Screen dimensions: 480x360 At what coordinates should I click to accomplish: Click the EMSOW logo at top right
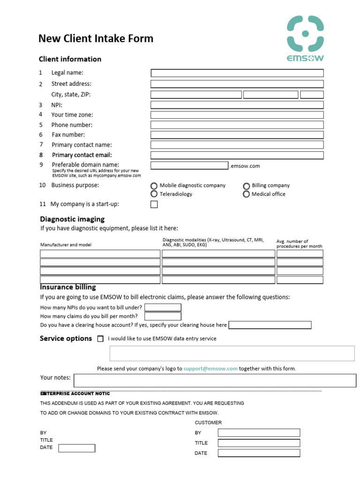pyautogui.click(x=305, y=38)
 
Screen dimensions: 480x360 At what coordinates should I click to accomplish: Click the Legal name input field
pyautogui.click(x=237, y=73)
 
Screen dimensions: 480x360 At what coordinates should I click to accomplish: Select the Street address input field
pyautogui.click(x=237, y=84)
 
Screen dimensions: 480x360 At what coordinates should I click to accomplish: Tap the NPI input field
pyautogui.click(x=237, y=105)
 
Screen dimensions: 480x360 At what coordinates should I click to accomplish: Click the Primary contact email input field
pyautogui.click(x=237, y=155)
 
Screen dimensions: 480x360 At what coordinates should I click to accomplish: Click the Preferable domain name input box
pyautogui.click(x=189, y=165)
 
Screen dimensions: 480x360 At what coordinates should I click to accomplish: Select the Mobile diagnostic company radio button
pyautogui.click(x=154, y=186)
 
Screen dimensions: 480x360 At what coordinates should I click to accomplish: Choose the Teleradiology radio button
pyautogui.click(x=154, y=194)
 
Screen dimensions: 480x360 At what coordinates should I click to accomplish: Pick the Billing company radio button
pyautogui.click(x=246, y=186)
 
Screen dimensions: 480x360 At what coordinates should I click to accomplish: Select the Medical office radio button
pyautogui.click(x=246, y=194)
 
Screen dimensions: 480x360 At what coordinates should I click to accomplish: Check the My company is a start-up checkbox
pyautogui.click(x=154, y=204)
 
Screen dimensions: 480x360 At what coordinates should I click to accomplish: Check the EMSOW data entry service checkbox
pyautogui.click(x=100, y=339)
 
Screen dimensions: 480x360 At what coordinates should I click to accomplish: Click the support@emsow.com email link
pyautogui.click(x=210, y=369)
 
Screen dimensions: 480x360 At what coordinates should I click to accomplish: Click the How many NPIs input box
pyautogui.click(x=163, y=307)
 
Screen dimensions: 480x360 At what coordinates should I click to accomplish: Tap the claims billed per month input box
pyautogui.click(x=163, y=316)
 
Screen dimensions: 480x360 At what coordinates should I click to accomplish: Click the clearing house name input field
pyautogui.click(x=270, y=325)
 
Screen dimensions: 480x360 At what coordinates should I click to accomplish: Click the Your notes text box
pyautogui.click(x=215, y=380)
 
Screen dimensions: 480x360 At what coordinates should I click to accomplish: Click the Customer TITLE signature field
pyautogui.click(x=259, y=443)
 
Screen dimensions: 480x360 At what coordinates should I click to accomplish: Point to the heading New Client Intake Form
pyautogui.click(x=96, y=38)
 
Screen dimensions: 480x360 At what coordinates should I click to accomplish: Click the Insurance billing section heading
pyautogui.click(x=68, y=287)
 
